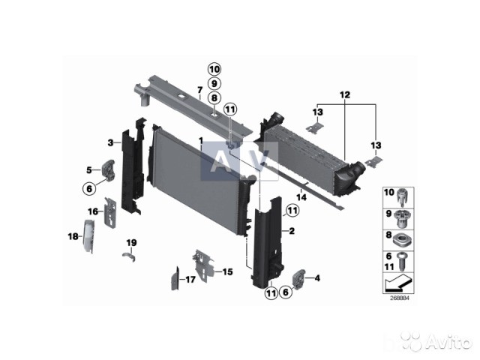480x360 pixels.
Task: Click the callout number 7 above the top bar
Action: click(x=200, y=90)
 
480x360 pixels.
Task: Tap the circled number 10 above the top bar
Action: click(x=214, y=70)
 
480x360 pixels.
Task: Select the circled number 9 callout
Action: click(x=214, y=83)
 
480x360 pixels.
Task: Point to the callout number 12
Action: click(x=345, y=95)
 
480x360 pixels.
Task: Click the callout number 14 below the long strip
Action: click(x=301, y=197)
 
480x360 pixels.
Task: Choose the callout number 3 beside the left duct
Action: click(x=110, y=142)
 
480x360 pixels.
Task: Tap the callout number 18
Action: click(x=73, y=236)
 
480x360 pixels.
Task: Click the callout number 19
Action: click(x=132, y=243)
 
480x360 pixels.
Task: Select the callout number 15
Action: click(x=227, y=271)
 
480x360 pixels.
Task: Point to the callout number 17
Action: click(x=190, y=279)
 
